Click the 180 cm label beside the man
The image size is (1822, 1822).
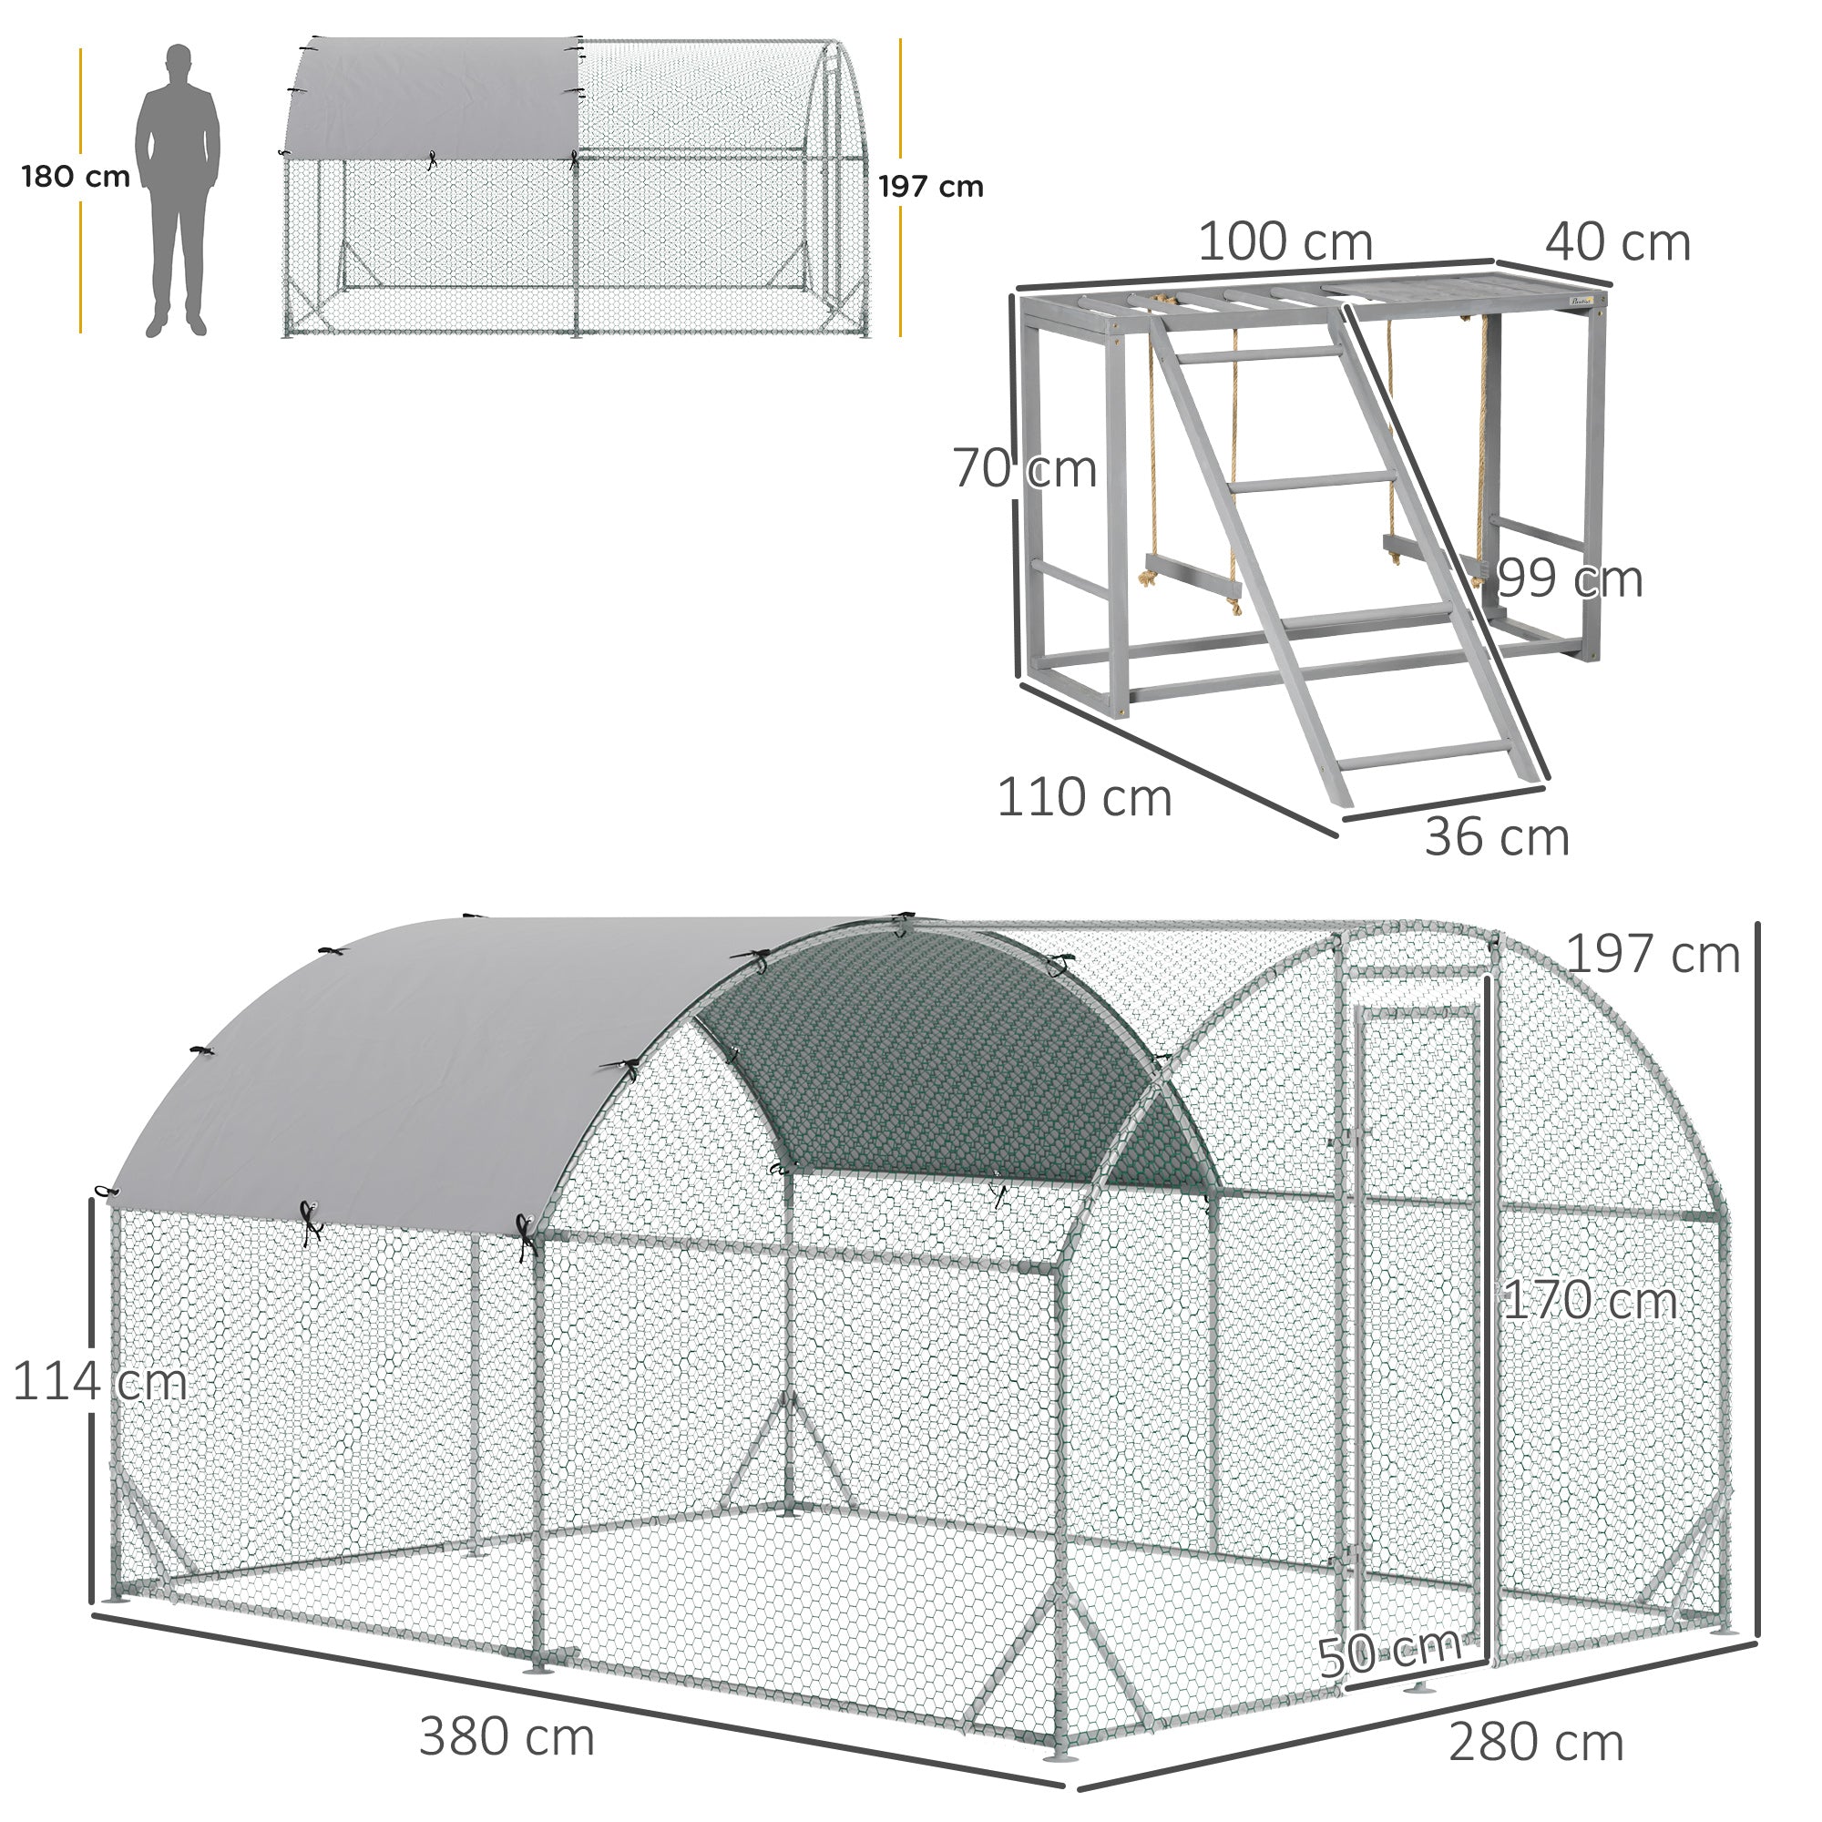[x=76, y=177]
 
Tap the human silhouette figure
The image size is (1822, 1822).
[x=178, y=189]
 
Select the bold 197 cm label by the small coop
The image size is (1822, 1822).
[x=930, y=187]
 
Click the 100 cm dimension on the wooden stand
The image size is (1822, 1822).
[x=1285, y=242]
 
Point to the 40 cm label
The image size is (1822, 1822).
[x=1616, y=242]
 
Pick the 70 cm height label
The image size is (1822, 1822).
[x=1024, y=468]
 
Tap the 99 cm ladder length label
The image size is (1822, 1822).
[x=1571, y=578]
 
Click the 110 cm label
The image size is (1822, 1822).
[x=1083, y=798]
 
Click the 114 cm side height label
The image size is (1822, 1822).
[x=99, y=1383]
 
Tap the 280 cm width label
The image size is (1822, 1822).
[x=1536, y=1743]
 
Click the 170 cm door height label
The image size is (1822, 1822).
[x=1590, y=1302]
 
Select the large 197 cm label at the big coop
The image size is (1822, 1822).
[x=1653, y=955]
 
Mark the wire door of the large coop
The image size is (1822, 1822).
[x=1415, y=1320]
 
